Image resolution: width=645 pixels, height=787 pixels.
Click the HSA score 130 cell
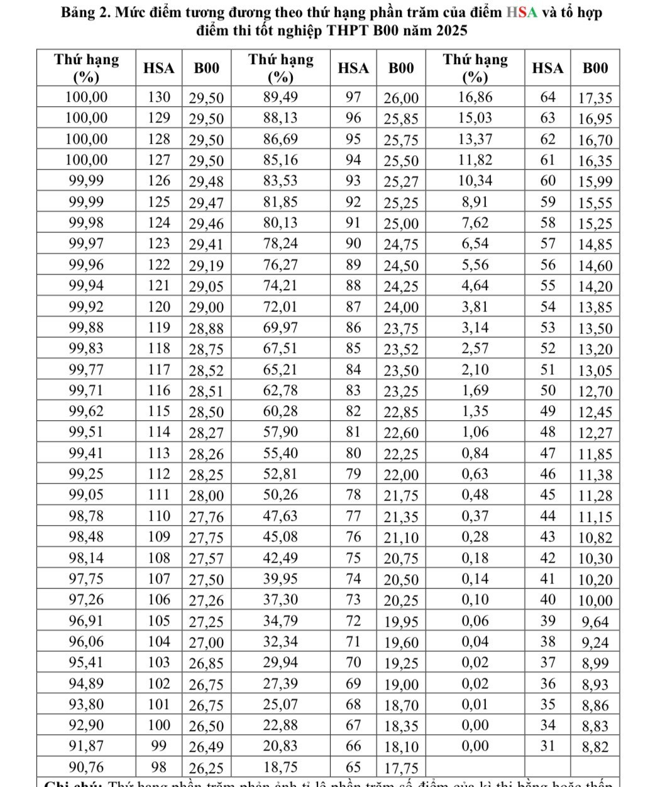tap(159, 97)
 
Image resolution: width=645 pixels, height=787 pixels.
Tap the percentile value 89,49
tap(280, 97)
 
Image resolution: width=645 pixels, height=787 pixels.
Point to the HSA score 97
tap(354, 97)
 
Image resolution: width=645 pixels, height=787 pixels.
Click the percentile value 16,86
tap(475, 97)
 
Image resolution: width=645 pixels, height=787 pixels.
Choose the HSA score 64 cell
tap(548, 97)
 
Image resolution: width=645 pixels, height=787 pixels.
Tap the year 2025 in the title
tap(451, 30)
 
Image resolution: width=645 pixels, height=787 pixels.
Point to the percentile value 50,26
tap(280, 495)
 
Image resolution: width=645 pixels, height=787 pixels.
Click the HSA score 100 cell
tap(159, 725)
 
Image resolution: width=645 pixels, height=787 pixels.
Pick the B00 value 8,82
tap(595, 747)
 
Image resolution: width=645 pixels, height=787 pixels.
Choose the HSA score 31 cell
tap(548, 746)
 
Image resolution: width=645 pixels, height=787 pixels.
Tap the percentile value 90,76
tap(87, 767)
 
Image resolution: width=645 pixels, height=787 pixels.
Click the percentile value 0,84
tap(475, 453)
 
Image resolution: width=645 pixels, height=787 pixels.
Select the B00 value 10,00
tap(595, 600)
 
